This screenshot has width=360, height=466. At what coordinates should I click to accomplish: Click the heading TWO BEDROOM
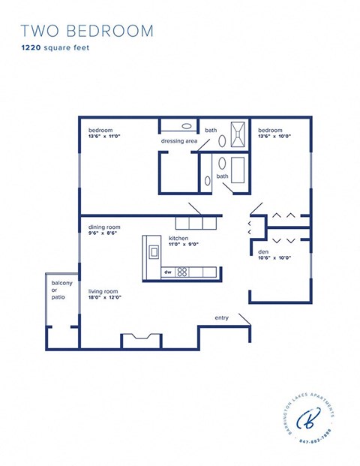pyautogui.click(x=87, y=31)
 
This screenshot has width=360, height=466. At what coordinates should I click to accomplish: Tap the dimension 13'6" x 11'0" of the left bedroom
pyautogui.click(x=106, y=137)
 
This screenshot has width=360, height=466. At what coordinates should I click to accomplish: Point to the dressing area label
pyautogui.click(x=178, y=141)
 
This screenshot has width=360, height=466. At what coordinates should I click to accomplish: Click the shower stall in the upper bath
pyautogui.click(x=238, y=134)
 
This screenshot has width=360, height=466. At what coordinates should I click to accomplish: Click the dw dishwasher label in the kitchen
pyautogui.click(x=168, y=272)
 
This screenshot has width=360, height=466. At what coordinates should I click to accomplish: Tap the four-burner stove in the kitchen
pyautogui.click(x=181, y=272)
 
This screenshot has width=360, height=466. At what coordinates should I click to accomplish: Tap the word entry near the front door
pyautogui.click(x=221, y=317)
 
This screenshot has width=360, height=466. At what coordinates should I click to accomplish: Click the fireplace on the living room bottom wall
pyautogui.click(x=141, y=340)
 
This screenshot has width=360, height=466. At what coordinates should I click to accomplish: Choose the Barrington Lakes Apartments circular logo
pyautogui.click(x=307, y=419)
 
